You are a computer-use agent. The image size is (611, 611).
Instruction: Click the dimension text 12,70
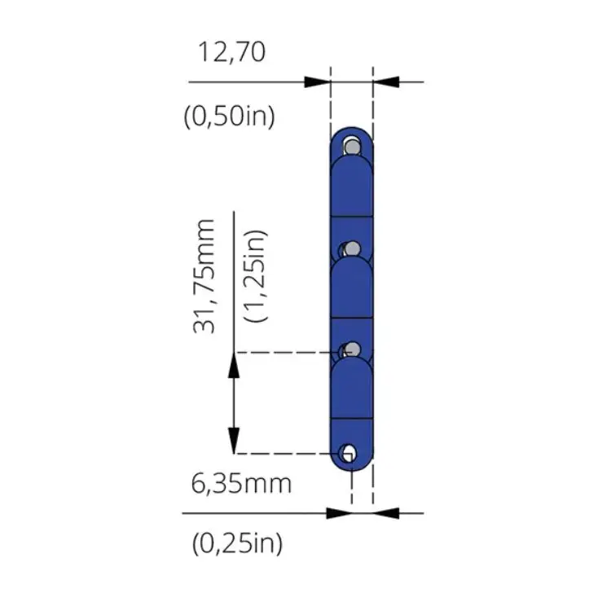tap(232, 53)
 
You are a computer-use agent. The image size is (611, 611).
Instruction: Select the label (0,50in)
tap(229, 116)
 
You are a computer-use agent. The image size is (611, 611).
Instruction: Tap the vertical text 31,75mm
tap(204, 277)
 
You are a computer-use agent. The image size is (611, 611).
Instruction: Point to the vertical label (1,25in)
tap(256, 275)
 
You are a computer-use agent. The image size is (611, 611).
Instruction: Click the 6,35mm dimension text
tap(241, 484)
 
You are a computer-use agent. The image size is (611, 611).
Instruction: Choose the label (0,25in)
tap(237, 543)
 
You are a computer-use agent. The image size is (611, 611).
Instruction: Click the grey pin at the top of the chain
tap(353, 147)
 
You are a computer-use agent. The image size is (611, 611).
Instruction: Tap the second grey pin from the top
tap(353, 248)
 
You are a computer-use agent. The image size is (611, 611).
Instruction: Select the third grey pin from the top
tap(353, 349)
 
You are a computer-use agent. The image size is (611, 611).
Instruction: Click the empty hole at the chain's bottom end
tap(348, 453)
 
